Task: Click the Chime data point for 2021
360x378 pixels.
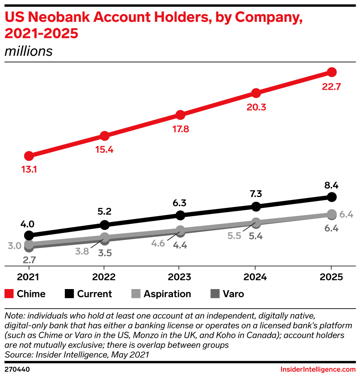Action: pos(29,156)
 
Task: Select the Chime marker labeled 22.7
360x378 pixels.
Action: pos(331,72)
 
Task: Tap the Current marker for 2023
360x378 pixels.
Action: pos(180,215)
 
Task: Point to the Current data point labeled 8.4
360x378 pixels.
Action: pos(331,197)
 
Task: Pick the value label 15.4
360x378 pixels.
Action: pos(104,150)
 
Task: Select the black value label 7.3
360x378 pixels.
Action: pos(256,193)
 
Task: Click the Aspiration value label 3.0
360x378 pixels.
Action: pos(14,246)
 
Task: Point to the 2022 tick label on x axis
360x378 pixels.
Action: pos(104,277)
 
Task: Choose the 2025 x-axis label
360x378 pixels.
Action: pos(331,277)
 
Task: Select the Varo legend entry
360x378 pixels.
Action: pos(233,294)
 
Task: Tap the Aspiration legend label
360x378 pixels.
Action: pos(167,294)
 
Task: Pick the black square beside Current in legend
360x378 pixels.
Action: pos(69,294)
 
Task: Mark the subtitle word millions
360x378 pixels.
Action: pos(29,51)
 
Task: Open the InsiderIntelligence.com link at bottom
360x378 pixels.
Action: pos(318,369)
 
